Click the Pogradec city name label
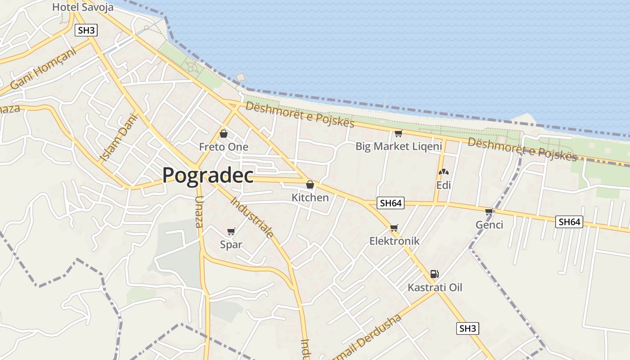click(x=208, y=175)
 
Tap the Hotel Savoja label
click(x=83, y=7)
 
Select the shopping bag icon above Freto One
click(x=223, y=134)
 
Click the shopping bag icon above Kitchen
click(x=310, y=184)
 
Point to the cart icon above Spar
click(x=231, y=232)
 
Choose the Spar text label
click(x=231, y=245)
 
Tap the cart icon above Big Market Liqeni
click(x=398, y=134)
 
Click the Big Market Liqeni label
click(x=399, y=146)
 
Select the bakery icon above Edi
click(x=443, y=172)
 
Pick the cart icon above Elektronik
click(x=394, y=228)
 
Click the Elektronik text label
click(x=394, y=241)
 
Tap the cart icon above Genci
click(x=489, y=212)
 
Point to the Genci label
click(x=489, y=225)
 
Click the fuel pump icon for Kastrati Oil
click(x=434, y=274)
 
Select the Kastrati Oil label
click(x=435, y=288)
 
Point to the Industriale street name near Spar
click(x=252, y=217)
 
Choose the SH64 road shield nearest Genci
click(x=569, y=222)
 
